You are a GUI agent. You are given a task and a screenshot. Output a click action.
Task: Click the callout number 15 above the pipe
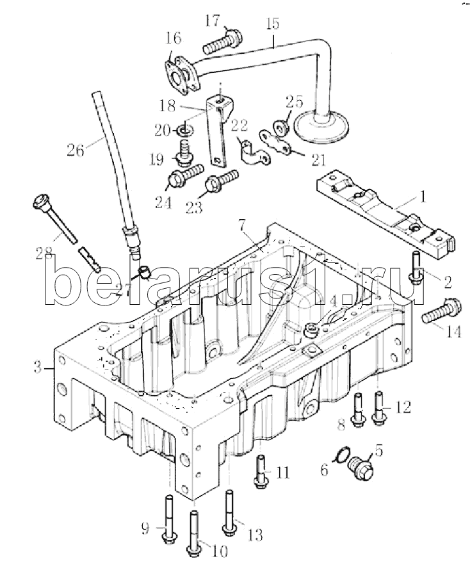[272, 24]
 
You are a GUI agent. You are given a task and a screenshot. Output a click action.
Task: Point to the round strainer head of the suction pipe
[322, 126]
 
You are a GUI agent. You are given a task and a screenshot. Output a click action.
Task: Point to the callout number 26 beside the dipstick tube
[76, 149]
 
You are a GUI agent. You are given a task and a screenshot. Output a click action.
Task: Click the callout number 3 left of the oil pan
[38, 369]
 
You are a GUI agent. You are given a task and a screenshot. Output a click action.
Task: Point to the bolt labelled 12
[378, 407]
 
